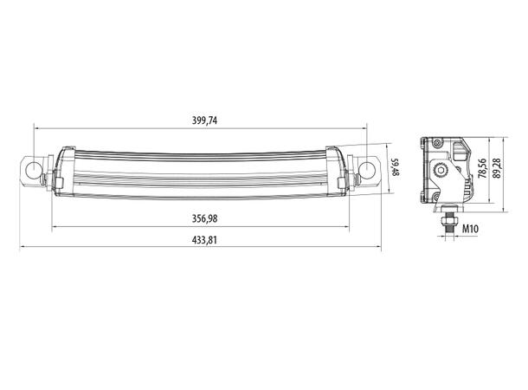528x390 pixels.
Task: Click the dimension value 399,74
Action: click(x=201, y=120)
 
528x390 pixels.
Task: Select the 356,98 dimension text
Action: click(x=201, y=218)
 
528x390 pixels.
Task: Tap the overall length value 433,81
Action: click(x=201, y=240)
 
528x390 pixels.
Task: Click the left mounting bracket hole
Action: click(x=32, y=167)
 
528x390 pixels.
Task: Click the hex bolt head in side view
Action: click(x=443, y=171)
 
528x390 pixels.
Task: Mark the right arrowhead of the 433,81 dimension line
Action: click(x=378, y=248)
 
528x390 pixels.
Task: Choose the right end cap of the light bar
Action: click(x=343, y=172)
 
